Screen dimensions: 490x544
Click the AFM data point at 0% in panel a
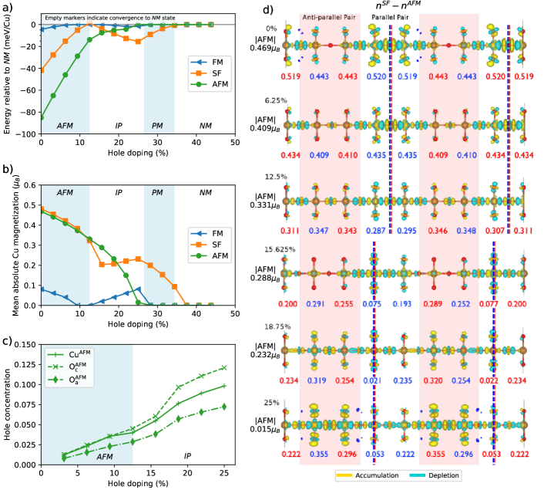click(42, 117)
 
